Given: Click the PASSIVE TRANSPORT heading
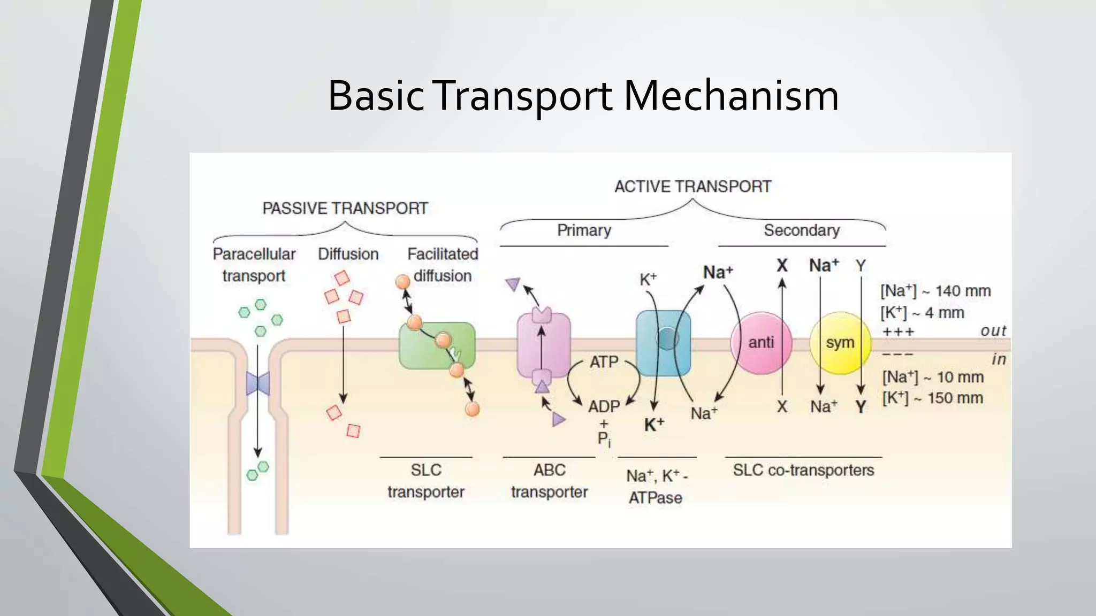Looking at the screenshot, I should coord(345,208).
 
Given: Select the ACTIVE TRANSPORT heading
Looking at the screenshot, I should coord(692,187).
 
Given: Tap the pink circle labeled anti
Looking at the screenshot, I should coord(760,343).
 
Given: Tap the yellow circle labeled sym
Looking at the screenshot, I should coord(840,343).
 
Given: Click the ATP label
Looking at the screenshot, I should coord(604,362).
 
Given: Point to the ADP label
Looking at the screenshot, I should coord(604,407).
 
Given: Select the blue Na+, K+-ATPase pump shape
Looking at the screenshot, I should coord(663,343).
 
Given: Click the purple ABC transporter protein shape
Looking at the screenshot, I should coord(543,345).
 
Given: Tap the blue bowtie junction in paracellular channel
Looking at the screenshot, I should coord(257,383).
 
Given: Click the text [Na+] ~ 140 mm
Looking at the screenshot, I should coord(935,291).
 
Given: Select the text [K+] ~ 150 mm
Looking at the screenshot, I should coord(932,398).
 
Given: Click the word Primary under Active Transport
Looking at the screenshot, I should coord(584,230).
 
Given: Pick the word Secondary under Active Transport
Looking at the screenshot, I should coord(801,230).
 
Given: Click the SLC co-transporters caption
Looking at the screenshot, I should coord(803,470).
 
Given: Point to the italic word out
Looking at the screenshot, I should coord(993,331).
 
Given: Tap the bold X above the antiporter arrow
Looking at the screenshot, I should coord(782,265).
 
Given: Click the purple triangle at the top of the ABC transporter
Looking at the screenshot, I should coord(513,284).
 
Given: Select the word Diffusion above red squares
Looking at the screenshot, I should coord(348,254).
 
